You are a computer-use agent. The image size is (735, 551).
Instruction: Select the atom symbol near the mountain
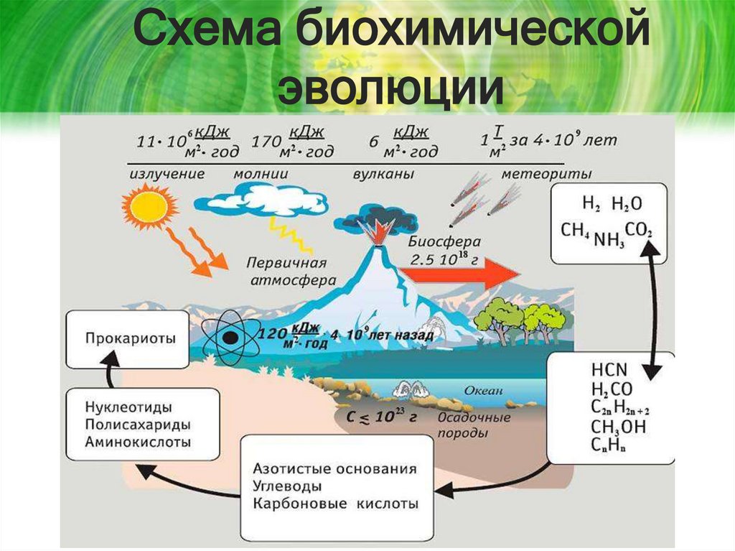[x=230, y=336]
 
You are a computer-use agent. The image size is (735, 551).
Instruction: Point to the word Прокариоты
[x=130, y=337]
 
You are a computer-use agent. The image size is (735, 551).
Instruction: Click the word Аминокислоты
[x=138, y=442]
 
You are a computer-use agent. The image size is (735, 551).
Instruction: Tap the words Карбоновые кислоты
[x=335, y=503]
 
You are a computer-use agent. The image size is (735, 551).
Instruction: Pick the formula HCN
[x=609, y=371]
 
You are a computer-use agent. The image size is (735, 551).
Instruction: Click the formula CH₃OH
[x=619, y=427]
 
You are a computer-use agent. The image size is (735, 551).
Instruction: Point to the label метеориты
[x=546, y=174]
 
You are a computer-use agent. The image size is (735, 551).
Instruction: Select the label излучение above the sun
[x=167, y=174]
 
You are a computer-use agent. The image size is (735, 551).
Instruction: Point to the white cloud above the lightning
[x=263, y=198]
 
